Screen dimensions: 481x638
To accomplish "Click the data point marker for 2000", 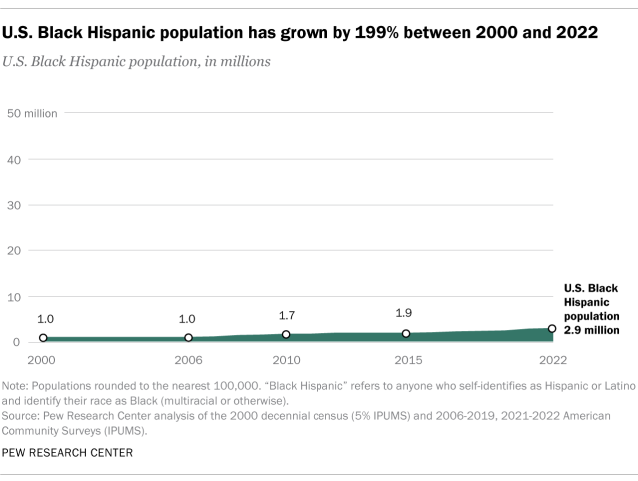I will (x=43, y=338).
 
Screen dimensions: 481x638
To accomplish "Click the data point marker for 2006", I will (x=189, y=338).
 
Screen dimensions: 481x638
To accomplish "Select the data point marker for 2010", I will (x=286, y=335).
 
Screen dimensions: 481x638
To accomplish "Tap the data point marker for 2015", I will (x=406, y=334).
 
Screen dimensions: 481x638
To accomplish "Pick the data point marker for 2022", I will (x=552, y=329).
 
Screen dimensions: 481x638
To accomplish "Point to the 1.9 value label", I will (x=406, y=312).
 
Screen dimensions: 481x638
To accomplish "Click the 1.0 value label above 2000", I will (x=44, y=319).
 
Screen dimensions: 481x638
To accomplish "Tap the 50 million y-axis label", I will (x=32, y=113).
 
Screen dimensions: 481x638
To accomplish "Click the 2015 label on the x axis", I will (x=406, y=359).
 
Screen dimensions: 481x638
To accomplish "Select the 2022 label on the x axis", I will (x=553, y=359).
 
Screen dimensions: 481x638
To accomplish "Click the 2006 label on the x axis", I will (x=189, y=359).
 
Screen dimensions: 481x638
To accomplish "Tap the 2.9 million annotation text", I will (x=593, y=328).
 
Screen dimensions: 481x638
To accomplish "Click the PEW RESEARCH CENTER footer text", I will (x=68, y=452).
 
